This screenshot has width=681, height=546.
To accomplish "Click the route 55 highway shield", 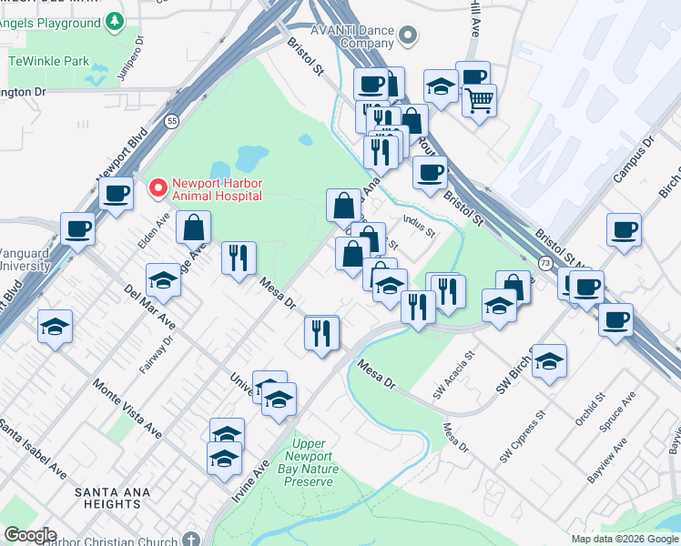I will tap(171, 121).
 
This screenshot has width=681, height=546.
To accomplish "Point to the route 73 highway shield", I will tap(544, 263).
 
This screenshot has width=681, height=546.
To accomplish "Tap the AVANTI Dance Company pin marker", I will tap(408, 36).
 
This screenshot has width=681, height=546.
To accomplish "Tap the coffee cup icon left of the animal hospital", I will tap(116, 193).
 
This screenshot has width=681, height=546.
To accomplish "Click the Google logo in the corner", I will tap(30, 535).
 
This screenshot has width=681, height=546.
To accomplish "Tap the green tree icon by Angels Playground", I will tap(115, 20).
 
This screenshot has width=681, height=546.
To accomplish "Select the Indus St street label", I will tap(418, 225).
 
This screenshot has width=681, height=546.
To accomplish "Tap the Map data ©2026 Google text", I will tap(625, 539).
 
